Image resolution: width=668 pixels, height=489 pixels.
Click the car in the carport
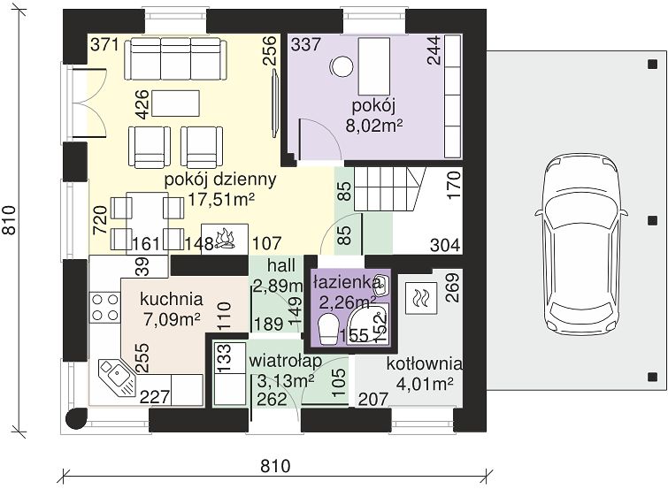coord(581,244)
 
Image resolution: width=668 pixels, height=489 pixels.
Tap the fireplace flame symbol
coord(225,239)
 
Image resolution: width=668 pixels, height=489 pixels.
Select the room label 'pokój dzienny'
coord(220,180)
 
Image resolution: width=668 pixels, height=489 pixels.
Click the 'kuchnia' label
coord(172,299)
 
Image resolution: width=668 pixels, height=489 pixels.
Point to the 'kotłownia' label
coord(425,363)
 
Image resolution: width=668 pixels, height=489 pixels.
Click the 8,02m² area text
coord(374,126)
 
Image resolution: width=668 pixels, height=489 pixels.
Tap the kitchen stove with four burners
coord(104,307)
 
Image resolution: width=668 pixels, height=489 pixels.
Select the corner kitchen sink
coord(117,378)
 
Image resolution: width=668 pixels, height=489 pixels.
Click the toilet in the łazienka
coord(329,329)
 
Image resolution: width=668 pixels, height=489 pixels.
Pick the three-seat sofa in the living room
coord(175,58)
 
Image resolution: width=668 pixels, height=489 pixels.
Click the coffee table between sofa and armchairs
coord(175,103)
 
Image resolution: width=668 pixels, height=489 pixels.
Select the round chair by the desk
coord(342,67)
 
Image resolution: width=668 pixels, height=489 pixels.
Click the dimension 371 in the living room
coord(104,44)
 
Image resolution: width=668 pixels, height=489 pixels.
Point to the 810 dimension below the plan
coord(275,466)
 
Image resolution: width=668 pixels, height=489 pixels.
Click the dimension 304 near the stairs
coord(445,245)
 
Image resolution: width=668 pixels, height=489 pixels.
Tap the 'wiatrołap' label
coord(285,361)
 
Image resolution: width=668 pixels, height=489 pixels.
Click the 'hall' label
coord(281,265)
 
